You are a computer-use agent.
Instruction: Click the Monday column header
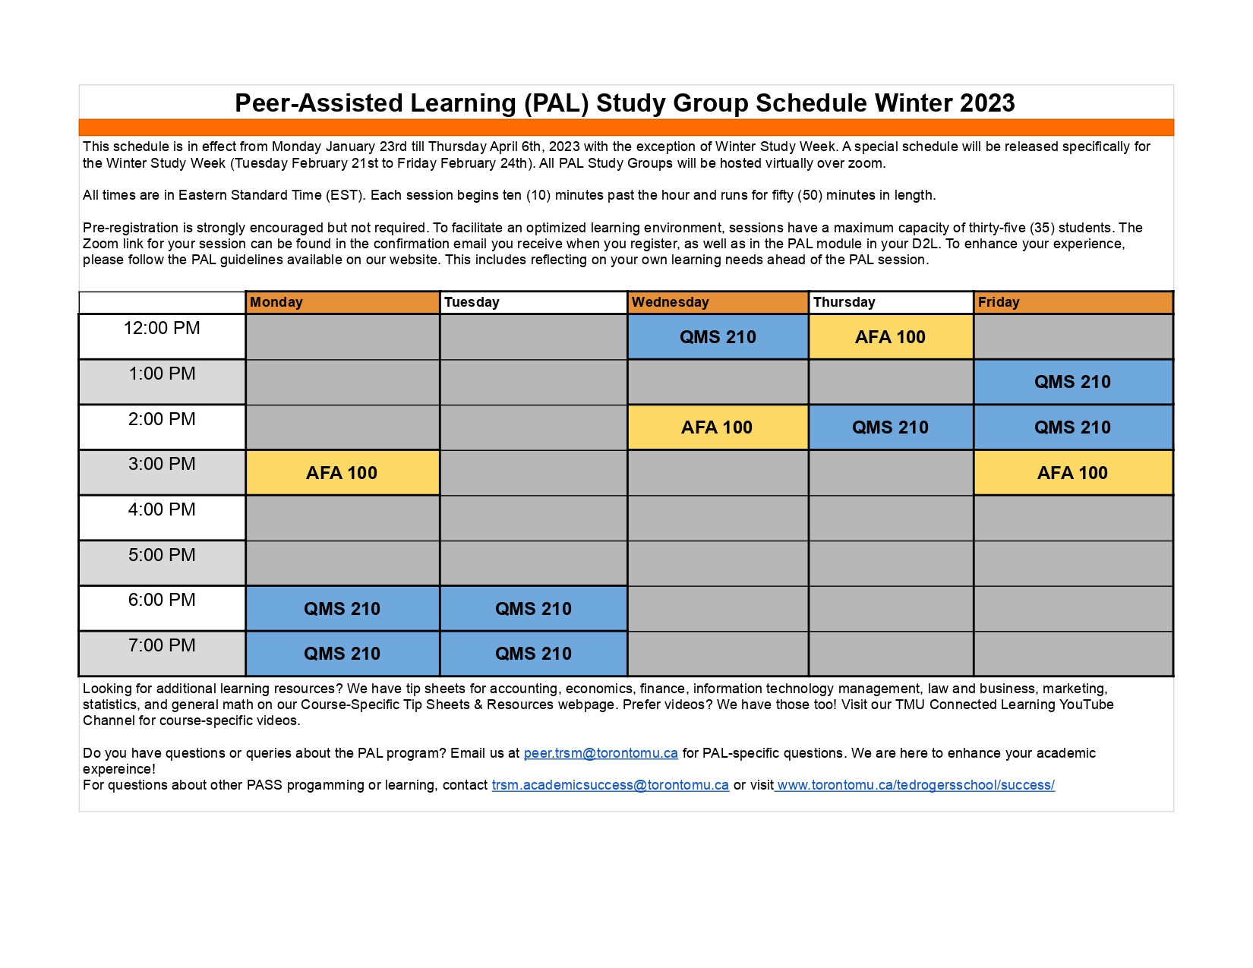(x=342, y=302)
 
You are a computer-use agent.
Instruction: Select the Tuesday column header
(x=533, y=302)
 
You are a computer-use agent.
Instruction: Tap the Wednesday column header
(x=718, y=302)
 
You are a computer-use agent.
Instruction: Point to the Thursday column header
(x=891, y=302)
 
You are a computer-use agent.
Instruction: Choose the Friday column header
(x=1073, y=302)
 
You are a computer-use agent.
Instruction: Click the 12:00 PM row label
(x=162, y=329)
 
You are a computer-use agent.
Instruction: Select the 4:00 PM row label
(x=162, y=510)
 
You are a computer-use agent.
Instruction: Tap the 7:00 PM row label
(x=162, y=646)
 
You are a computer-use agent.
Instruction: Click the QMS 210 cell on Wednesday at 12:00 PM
(x=718, y=337)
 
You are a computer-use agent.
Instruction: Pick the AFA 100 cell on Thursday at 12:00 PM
(x=891, y=337)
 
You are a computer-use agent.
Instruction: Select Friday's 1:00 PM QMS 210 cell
(x=1072, y=382)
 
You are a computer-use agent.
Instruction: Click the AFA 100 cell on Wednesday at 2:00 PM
(x=717, y=427)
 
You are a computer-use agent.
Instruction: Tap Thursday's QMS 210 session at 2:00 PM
(x=890, y=427)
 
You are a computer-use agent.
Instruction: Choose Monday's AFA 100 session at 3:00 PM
(x=342, y=473)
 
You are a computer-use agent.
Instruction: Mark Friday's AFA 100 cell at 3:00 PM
(x=1072, y=473)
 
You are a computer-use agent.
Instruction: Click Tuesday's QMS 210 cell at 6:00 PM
(x=533, y=609)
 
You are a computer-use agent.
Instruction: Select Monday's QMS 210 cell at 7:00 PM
(x=342, y=654)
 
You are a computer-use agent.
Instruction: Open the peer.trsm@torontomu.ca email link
(x=601, y=753)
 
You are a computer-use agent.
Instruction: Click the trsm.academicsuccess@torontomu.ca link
(x=610, y=785)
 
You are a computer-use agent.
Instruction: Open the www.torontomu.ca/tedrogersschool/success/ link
(x=915, y=785)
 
